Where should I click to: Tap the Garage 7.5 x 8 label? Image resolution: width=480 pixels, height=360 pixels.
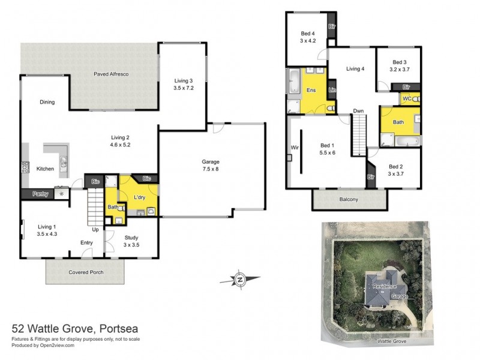210,166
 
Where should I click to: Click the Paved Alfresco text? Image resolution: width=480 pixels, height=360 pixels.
111,74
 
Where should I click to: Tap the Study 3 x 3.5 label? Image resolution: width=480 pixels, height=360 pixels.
131,241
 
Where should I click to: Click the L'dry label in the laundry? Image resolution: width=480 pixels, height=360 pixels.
140,197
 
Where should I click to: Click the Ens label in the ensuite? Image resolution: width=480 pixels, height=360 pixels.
311,90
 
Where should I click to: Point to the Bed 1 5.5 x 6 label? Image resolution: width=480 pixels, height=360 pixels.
327,149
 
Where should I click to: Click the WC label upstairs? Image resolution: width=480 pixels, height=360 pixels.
406,98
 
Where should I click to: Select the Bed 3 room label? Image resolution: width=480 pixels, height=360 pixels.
400,65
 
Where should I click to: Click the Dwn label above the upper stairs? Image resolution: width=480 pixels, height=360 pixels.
358,111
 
